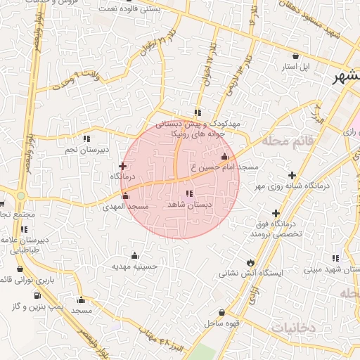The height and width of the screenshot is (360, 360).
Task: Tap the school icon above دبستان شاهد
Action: pyautogui.click(x=188, y=193)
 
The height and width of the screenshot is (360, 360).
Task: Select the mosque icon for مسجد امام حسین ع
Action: pyautogui.click(x=224, y=157)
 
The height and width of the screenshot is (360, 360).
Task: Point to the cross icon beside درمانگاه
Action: pyautogui.click(x=122, y=167)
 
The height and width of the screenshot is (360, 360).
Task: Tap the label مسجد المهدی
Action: pyautogui.click(x=125, y=207)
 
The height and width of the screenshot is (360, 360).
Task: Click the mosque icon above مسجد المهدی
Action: pyautogui.click(x=126, y=195)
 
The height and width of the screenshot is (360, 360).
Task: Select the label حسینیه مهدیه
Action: pyautogui.click(x=134, y=266)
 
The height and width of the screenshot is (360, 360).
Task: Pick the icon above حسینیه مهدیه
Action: pyautogui.click(x=134, y=255)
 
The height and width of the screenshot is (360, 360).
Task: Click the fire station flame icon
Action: pyautogui.click(x=249, y=262)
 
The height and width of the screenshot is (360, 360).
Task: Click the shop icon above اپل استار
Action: pyautogui.click(x=295, y=56)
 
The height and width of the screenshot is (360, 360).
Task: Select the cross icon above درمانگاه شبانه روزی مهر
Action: pyautogui.click(x=292, y=174)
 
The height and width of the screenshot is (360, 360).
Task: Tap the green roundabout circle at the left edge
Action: pyautogui.click(x=20, y=196)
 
